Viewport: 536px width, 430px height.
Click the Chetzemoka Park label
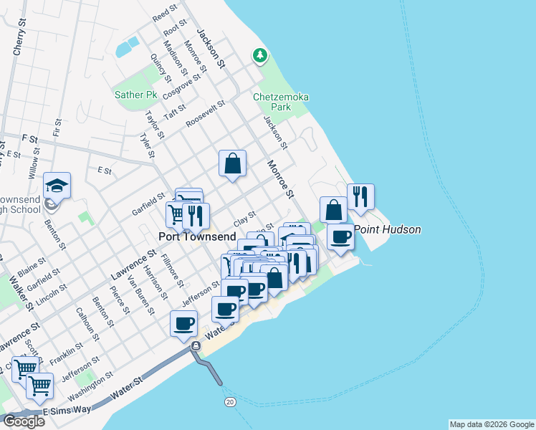tap(272, 102)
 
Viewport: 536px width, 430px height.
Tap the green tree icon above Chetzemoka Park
tap(259, 55)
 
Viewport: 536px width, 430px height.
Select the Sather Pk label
tap(135, 95)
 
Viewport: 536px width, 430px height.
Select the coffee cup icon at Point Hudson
tap(340, 236)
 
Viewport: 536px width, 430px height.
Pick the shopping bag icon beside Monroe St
tap(233, 163)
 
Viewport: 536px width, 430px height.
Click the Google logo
tap(23, 421)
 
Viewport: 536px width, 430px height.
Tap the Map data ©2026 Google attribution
tap(491, 424)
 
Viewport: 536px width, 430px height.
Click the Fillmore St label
tap(173, 268)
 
